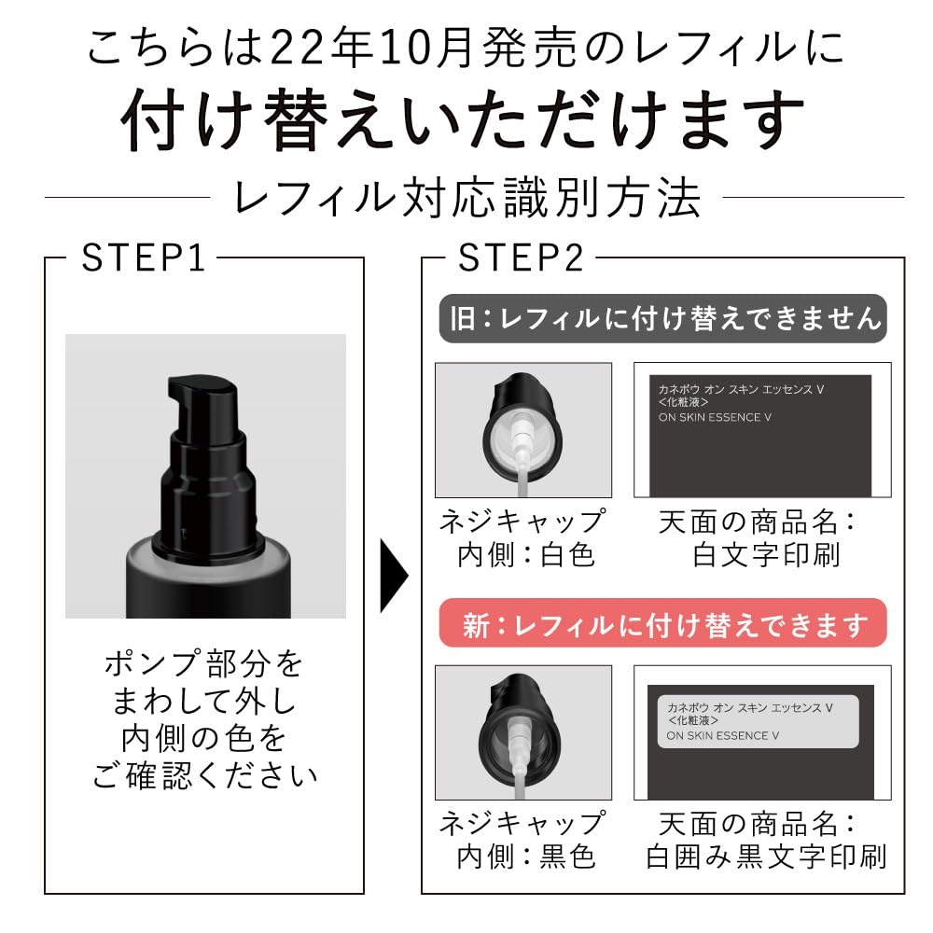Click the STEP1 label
pyautogui.click(x=143, y=258)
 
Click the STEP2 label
pyautogui.click(x=521, y=258)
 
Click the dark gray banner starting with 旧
pyautogui.click(x=662, y=320)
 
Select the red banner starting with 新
pyautogui.click(x=662, y=623)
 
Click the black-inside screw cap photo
pyautogui.click(x=523, y=732)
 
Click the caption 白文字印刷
pyautogui.click(x=766, y=555)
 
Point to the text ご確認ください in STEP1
pyautogui.click(x=204, y=775)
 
